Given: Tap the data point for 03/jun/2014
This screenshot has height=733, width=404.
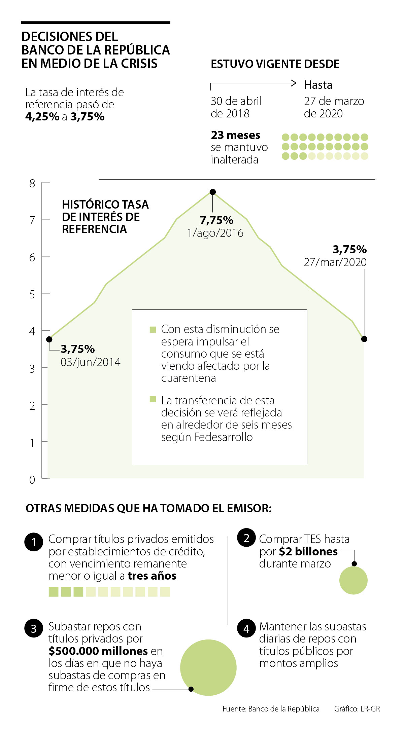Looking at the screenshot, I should click(49, 339).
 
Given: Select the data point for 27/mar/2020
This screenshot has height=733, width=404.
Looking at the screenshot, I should click(364, 339).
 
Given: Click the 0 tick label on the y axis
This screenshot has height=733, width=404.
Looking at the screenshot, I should click(32, 480).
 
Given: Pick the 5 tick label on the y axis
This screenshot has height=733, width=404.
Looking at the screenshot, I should click(32, 294).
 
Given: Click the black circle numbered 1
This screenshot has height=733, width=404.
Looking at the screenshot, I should click(34, 542).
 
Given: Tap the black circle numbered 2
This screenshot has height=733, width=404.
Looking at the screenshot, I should click(246, 538).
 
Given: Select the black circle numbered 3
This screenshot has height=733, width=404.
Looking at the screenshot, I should click(34, 628).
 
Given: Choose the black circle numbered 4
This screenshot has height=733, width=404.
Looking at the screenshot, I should click(246, 628).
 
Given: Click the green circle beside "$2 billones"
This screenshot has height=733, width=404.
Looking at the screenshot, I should click(353, 580).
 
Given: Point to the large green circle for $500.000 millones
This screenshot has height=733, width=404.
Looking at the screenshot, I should click(208, 667).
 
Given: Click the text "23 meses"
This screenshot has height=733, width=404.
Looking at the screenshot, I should click(235, 135).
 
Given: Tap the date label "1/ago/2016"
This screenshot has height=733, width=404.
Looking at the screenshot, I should click(215, 233).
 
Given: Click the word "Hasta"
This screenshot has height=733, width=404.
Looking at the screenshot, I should click(318, 85).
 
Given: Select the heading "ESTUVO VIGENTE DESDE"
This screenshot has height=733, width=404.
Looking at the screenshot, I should click(275, 64).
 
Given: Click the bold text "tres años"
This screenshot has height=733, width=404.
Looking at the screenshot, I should click(152, 576).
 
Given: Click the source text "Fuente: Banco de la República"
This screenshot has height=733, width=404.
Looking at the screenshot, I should click(271, 709).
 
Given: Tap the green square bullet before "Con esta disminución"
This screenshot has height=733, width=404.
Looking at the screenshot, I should click(153, 329).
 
